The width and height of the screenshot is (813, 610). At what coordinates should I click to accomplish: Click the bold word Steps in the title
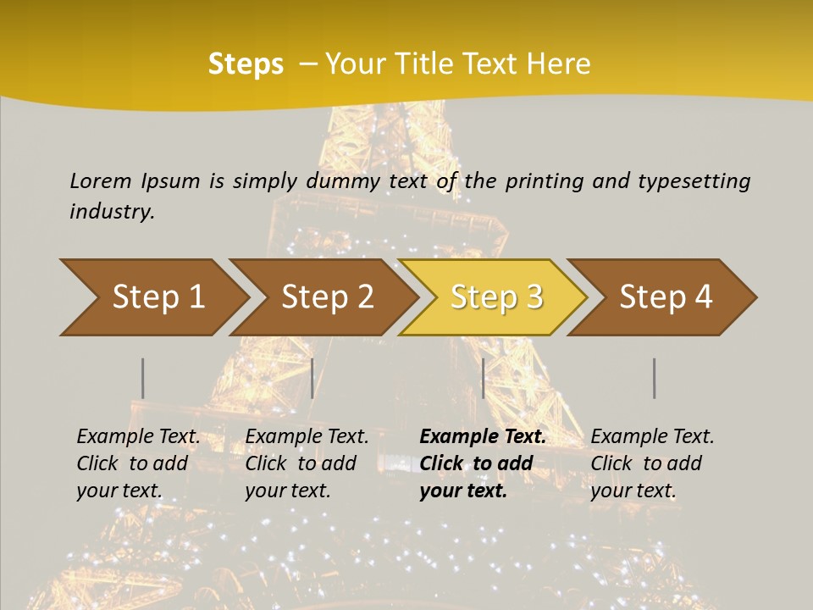[x=246, y=64]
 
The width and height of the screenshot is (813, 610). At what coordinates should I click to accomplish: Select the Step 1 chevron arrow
[x=152, y=297]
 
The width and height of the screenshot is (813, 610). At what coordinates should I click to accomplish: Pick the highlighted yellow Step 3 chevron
[x=494, y=297]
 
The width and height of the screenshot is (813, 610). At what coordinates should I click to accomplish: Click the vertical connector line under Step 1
[x=142, y=378]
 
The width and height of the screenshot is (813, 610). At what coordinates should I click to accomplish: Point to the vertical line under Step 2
[x=312, y=378]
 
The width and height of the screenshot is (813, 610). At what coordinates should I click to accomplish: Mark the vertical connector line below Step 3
[x=483, y=378]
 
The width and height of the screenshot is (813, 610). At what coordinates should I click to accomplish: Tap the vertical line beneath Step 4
[x=655, y=378]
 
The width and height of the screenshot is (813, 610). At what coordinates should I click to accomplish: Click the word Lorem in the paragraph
[x=101, y=180]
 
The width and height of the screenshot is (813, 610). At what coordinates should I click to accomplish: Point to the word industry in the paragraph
[x=112, y=212]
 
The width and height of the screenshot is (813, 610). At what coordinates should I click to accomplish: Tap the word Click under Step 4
[x=611, y=463]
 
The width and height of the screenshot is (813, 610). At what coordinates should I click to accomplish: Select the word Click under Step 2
[x=266, y=463]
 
